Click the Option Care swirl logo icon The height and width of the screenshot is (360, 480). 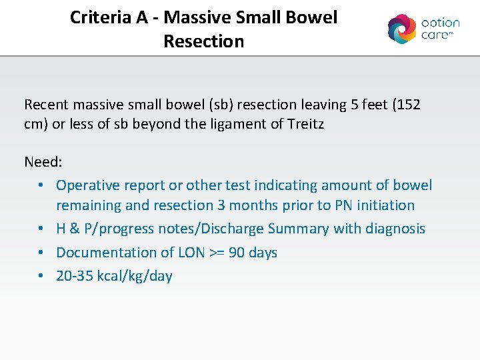tap(402, 29)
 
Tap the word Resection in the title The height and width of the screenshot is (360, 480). tap(203, 41)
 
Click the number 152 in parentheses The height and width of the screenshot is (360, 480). tap(407, 105)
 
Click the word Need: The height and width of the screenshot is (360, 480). tap(44, 162)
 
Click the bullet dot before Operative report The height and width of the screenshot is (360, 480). tap(41, 185)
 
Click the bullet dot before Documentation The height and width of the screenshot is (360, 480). tap(41, 253)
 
